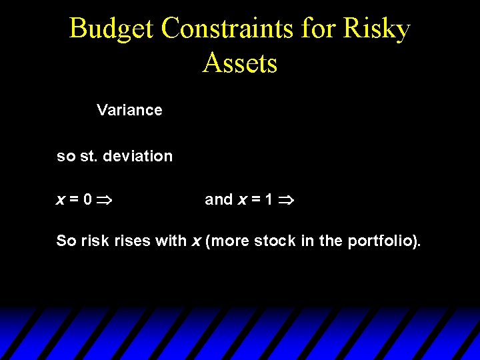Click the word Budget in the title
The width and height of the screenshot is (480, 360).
click(111, 29)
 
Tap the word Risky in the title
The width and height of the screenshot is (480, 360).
click(378, 29)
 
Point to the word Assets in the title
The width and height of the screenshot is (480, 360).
click(240, 63)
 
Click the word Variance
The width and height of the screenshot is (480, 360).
click(129, 110)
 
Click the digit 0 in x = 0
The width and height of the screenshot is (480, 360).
click(88, 199)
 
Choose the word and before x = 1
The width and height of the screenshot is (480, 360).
click(219, 199)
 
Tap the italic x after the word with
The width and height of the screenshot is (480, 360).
click(196, 241)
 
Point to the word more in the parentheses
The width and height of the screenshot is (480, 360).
click(227, 241)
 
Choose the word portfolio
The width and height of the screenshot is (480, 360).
click(383, 241)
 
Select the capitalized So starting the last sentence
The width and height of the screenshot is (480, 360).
click(66, 241)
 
